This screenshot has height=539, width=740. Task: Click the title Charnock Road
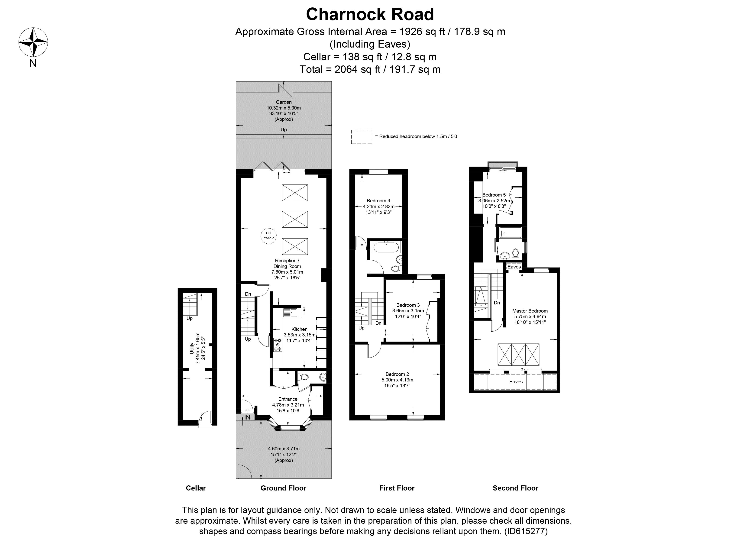coord(370,14)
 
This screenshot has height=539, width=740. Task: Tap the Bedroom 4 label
coord(378,201)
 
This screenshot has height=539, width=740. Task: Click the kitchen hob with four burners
coord(278,345)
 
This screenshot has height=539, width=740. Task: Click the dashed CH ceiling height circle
coord(268,235)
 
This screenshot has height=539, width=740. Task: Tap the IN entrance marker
coord(247,417)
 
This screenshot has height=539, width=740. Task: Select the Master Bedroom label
coord(530,311)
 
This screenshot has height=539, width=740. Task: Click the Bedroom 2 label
coord(397,374)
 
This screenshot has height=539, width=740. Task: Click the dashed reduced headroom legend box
coord(362,137)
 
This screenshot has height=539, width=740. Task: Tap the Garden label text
coord(284,102)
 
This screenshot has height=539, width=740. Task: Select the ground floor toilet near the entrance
coord(304,377)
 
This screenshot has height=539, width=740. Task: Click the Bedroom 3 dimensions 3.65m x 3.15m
coord(408,311)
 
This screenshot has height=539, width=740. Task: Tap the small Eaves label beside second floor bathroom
coord(514,267)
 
